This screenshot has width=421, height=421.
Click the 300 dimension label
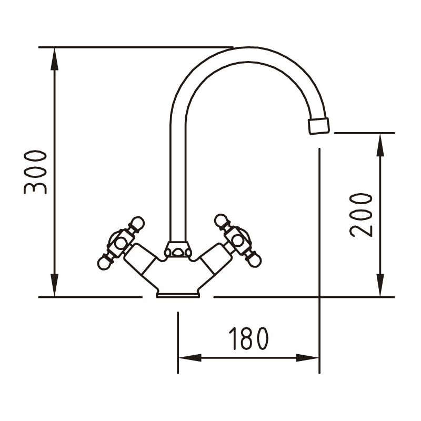point(35,172)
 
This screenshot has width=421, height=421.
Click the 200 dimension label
point(361,215)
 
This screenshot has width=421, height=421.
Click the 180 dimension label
point(248,338)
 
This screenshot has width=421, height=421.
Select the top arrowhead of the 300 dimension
point(55,59)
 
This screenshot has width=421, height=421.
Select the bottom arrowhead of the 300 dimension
point(55,285)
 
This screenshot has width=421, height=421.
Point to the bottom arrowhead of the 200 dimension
point(380,285)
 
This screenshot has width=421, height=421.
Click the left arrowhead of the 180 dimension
point(190,358)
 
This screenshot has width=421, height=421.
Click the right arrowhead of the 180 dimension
point(307,358)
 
